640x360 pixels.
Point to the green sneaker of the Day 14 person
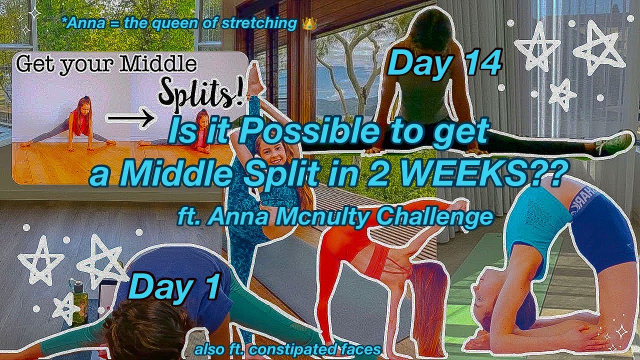pyautogui.click(x=613, y=145)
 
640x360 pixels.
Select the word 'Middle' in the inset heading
pyautogui.click(x=161, y=64)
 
